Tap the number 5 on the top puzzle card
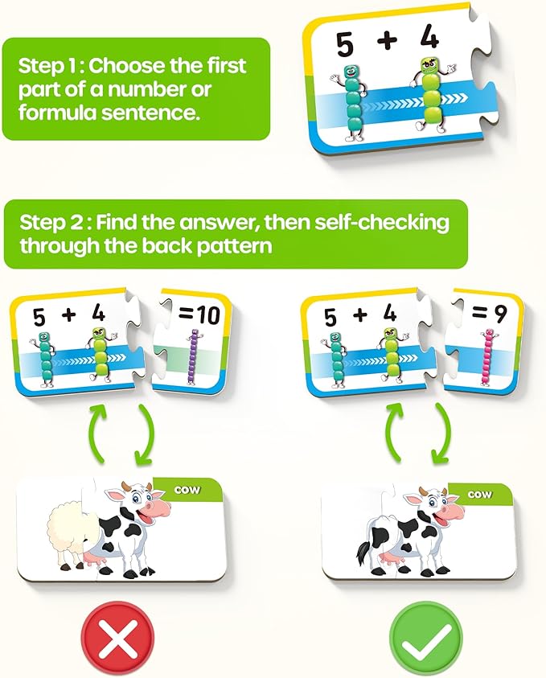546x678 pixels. click(x=345, y=46)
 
